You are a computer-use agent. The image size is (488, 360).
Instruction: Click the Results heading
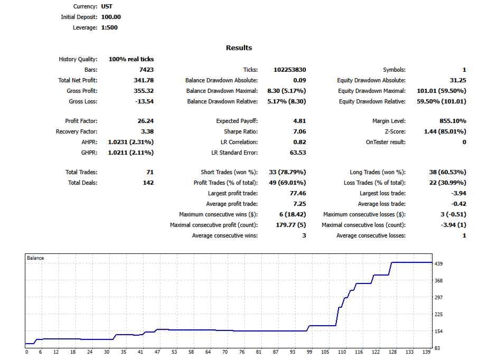coord(239,48)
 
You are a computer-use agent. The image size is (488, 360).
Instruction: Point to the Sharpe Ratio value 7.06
coord(299,131)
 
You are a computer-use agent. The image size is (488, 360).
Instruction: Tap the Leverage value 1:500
coord(109,27)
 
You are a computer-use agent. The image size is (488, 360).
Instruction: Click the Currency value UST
coord(107,6)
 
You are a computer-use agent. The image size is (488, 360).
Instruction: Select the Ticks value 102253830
coord(289,70)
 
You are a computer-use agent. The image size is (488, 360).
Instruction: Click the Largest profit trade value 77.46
coord(297,193)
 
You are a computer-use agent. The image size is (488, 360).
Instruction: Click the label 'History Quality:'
coord(78,59)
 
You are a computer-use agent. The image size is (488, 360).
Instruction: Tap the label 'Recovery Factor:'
coord(77,131)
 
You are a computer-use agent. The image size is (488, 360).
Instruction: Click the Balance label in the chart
coord(35,258)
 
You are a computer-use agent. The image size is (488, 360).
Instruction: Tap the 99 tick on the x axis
coord(310,352)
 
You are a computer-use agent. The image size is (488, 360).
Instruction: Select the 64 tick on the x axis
coord(208,352)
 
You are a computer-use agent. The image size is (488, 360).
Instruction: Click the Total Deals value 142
coord(148,183)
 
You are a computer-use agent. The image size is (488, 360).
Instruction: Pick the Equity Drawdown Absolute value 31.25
coord(457,80)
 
